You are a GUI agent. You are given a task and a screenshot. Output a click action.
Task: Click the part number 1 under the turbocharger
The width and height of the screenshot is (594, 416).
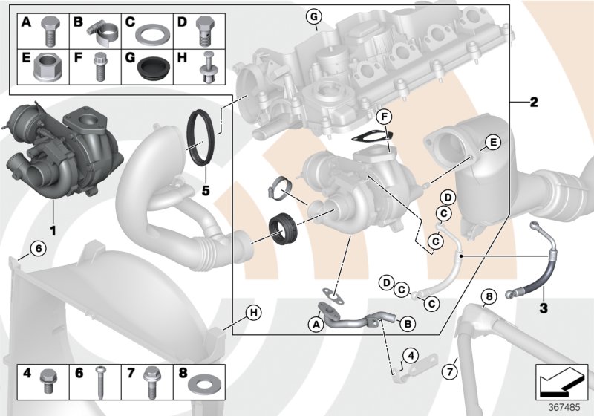pyautogui.click(x=53, y=220)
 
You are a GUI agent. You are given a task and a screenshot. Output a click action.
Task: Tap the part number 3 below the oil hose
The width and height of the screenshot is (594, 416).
pyautogui.click(x=543, y=307)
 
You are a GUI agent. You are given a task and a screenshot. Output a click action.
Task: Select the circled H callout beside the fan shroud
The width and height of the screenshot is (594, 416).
pyautogui.click(x=253, y=313)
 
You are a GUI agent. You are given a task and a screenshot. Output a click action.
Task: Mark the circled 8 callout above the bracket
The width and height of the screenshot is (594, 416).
pyautogui.click(x=488, y=298)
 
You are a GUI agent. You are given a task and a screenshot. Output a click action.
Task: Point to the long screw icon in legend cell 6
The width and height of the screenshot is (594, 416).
pyautogui.click(x=99, y=381)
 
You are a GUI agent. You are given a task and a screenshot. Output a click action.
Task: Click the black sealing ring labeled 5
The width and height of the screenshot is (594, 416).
pyautogui.click(x=204, y=136)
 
